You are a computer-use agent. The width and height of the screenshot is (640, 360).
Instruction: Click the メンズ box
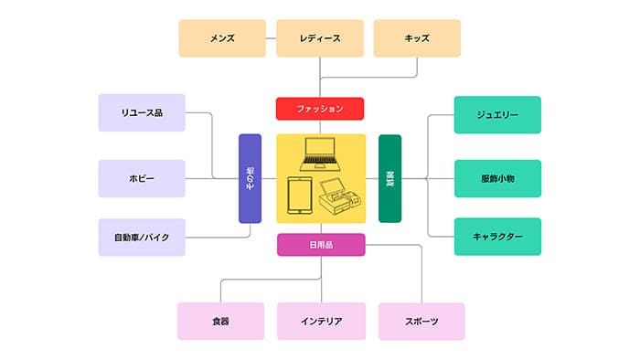pos(222,38)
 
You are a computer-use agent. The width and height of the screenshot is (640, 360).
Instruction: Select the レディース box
pos(320,38)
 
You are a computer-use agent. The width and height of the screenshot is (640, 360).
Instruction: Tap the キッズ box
pos(417,38)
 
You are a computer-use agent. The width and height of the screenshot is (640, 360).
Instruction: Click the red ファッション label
pos(320,109)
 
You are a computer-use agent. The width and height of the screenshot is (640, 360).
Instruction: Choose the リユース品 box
pos(142,113)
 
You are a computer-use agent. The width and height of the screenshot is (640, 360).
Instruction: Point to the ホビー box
pos(142,178)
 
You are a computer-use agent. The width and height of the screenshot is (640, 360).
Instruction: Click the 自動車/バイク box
pos(142,237)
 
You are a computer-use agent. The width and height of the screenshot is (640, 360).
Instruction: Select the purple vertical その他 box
pos(250,178)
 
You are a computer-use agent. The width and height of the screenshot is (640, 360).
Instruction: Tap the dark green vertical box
pos(390,178)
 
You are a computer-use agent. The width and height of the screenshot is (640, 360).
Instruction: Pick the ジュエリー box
pos(497,115)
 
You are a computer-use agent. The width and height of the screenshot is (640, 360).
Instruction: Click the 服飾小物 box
pos(497,178)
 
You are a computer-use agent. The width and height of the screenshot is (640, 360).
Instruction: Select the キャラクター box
pos(497,237)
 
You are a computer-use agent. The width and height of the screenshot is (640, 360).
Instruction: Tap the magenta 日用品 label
pos(321,244)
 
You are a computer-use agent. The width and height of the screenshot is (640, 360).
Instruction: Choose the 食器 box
pos(220,321)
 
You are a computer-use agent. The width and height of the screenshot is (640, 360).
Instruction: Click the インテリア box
pos(321,321)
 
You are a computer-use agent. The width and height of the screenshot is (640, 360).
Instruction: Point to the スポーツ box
pos(421,321)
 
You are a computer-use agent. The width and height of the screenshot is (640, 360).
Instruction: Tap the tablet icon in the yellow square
pos(300,196)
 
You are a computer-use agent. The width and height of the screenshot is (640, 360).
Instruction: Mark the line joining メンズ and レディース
pos(271,38)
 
